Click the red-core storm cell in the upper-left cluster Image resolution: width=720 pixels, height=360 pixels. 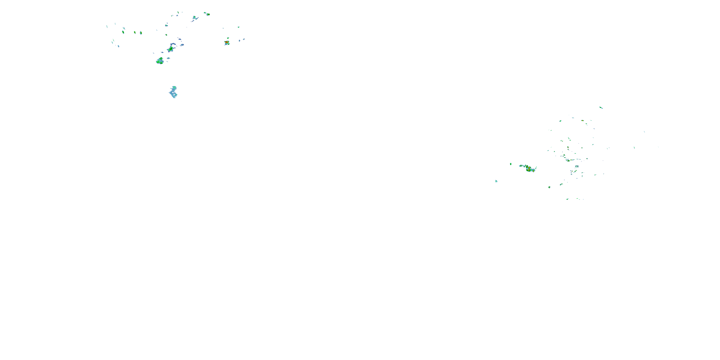pyautogui.click(x=227, y=42)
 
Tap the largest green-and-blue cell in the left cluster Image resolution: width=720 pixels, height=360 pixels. pyautogui.click(x=160, y=61)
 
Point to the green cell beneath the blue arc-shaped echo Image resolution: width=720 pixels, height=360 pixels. pyautogui.click(x=170, y=49)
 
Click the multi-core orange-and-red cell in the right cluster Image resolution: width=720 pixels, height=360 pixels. pyautogui.click(x=529, y=168)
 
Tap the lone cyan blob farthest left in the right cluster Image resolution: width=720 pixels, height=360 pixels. pyautogui.click(x=496, y=181)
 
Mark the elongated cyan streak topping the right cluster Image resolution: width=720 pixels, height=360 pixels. pyautogui.click(x=601, y=108)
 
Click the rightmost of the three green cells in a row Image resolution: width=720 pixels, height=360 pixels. pyautogui.click(x=141, y=33)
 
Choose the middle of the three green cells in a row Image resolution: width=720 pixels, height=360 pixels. pyautogui.click(x=135, y=32)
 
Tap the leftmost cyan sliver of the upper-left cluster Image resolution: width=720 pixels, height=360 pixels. pyautogui.click(x=107, y=27)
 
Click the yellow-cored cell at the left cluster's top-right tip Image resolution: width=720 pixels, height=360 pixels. pyautogui.click(x=208, y=14)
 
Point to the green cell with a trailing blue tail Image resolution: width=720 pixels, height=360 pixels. pyautogui.click(x=194, y=18)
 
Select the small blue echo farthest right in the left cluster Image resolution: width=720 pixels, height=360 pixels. pyautogui.click(x=244, y=39)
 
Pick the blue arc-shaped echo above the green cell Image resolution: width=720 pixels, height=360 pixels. pyautogui.click(x=173, y=44)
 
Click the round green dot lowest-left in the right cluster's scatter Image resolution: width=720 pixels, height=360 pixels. pyautogui.click(x=549, y=187)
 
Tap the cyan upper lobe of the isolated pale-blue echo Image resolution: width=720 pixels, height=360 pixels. pyautogui.click(x=174, y=88)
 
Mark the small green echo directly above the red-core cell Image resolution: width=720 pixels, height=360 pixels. pyautogui.click(x=228, y=38)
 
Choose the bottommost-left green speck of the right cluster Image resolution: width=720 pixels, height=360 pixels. pyautogui.click(x=567, y=199)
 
